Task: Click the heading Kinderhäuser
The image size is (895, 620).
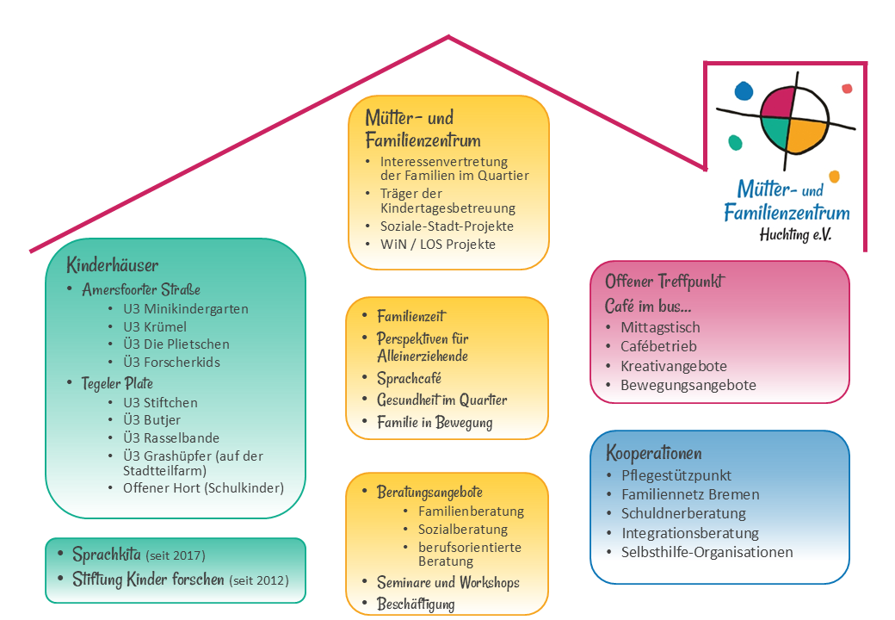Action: pyautogui.click(x=113, y=265)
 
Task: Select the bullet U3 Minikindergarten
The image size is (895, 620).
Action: pyautogui.click(x=185, y=308)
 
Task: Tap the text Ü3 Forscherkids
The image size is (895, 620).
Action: pyautogui.click(x=171, y=363)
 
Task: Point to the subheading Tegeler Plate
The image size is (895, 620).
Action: pyautogui.click(x=117, y=382)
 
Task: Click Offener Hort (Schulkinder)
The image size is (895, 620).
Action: pyautogui.click(x=203, y=488)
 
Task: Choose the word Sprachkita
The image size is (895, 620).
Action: pyautogui.click(x=107, y=555)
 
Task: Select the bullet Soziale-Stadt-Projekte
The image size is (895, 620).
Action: pyautogui.click(x=447, y=226)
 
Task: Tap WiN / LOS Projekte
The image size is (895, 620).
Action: pyautogui.click(x=437, y=245)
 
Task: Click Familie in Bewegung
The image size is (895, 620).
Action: pyautogui.click(x=435, y=423)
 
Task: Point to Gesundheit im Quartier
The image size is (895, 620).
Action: pyautogui.click(x=441, y=400)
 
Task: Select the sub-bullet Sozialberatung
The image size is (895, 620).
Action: pyautogui.click(x=463, y=530)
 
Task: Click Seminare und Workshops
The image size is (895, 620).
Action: pyautogui.click(x=447, y=583)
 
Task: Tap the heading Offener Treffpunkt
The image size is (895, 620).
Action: pyautogui.click(x=664, y=282)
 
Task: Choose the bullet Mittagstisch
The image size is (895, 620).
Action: pyautogui.click(x=660, y=327)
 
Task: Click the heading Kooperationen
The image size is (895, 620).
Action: pyautogui.click(x=653, y=453)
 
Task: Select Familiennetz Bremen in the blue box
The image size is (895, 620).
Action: pyautogui.click(x=690, y=494)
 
